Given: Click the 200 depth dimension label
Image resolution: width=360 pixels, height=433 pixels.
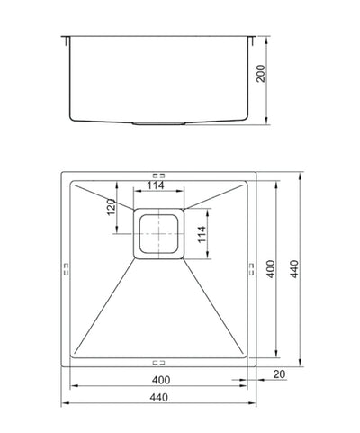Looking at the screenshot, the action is pyautogui.click(x=261, y=74).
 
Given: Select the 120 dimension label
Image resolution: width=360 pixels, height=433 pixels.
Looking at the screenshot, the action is pyautogui.click(x=112, y=207).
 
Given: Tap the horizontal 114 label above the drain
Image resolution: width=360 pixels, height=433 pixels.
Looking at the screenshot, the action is pyautogui.click(x=156, y=185).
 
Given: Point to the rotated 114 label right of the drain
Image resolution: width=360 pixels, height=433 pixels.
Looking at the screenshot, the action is pyautogui.click(x=202, y=234).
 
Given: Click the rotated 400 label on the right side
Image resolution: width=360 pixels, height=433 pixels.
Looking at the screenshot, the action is pyautogui.click(x=270, y=269).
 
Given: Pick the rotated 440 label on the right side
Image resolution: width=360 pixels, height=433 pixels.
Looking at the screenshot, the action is pyautogui.click(x=295, y=269).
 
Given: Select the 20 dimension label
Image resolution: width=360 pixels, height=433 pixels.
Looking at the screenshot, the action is pyautogui.click(x=279, y=374).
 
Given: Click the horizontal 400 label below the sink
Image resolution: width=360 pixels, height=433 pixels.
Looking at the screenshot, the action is pyautogui.click(x=161, y=380).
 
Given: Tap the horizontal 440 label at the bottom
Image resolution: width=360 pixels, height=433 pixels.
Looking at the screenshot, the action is pyautogui.click(x=158, y=398).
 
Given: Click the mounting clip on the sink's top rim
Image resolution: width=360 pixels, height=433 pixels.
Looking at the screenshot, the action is pyautogui.click(x=158, y=176).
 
